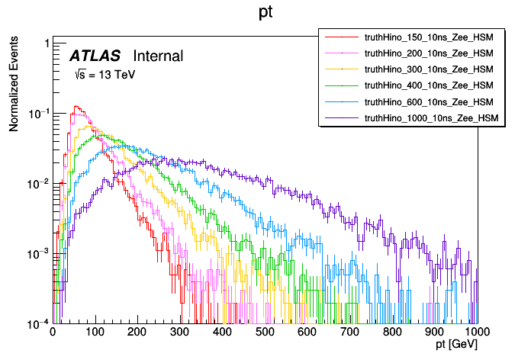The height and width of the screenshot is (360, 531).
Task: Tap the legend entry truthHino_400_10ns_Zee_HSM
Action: (x=430, y=85)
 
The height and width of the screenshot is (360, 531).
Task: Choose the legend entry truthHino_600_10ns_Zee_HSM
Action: (x=430, y=101)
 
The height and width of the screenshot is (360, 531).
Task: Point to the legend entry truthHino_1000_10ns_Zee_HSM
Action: (x=432, y=118)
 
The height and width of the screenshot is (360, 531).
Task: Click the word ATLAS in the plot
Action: (x=95, y=56)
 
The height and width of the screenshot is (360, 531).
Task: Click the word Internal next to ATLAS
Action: (x=158, y=56)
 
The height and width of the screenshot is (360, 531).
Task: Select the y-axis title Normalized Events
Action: (x=14, y=85)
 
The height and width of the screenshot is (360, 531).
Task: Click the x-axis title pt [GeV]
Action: (x=456, y=346)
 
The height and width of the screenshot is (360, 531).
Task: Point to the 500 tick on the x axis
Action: (x=265, y=333)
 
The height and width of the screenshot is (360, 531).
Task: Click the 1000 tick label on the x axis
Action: (x=477, y=333)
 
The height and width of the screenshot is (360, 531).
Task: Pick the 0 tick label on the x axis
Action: (x=53, y=333)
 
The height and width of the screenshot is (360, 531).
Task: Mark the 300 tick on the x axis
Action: (x=180, y=333)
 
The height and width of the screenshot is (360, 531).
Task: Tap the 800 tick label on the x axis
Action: (x=392, y=333)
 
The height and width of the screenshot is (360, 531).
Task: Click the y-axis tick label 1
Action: (x=47, y=43)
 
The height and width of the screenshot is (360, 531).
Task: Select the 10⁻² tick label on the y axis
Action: (x=38, y=184)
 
